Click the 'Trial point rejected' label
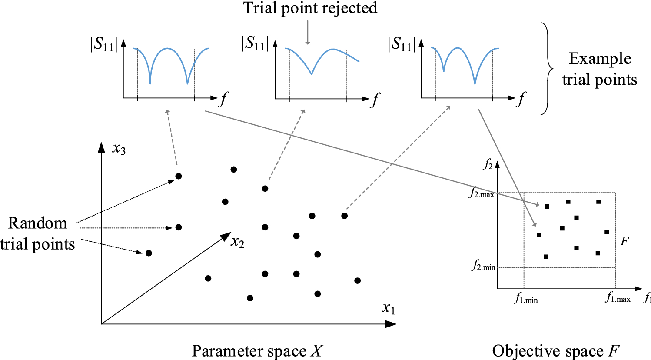click(310, 8)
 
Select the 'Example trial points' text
click(599, 69)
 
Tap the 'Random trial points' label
click(37, 233)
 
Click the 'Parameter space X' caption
click(257, 350)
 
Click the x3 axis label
click(119, 149)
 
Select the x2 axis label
click(237, 242)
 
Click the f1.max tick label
click(618, 298)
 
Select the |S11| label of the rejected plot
click(255, 43)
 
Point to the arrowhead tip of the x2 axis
click(230, 233)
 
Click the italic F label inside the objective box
click(624, 241)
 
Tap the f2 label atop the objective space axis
click(488, 165)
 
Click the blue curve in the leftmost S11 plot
click(168, 49)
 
